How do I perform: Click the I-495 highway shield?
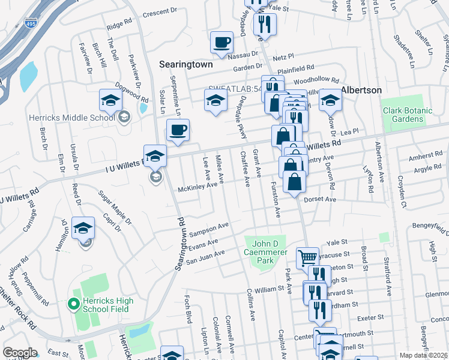click(31, 23)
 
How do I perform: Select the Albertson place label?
click(361, 89)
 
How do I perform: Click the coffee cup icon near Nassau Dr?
click(221, 42)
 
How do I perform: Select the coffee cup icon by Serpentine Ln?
click(177, 130)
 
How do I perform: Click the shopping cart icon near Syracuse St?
click(307, 257)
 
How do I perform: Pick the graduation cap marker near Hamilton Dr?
click(83, 228)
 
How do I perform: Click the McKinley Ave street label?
click(197, 188)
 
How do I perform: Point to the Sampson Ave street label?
click(209, 229)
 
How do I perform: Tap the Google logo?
click(20, 353)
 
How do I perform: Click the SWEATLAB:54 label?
click(235, 89)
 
